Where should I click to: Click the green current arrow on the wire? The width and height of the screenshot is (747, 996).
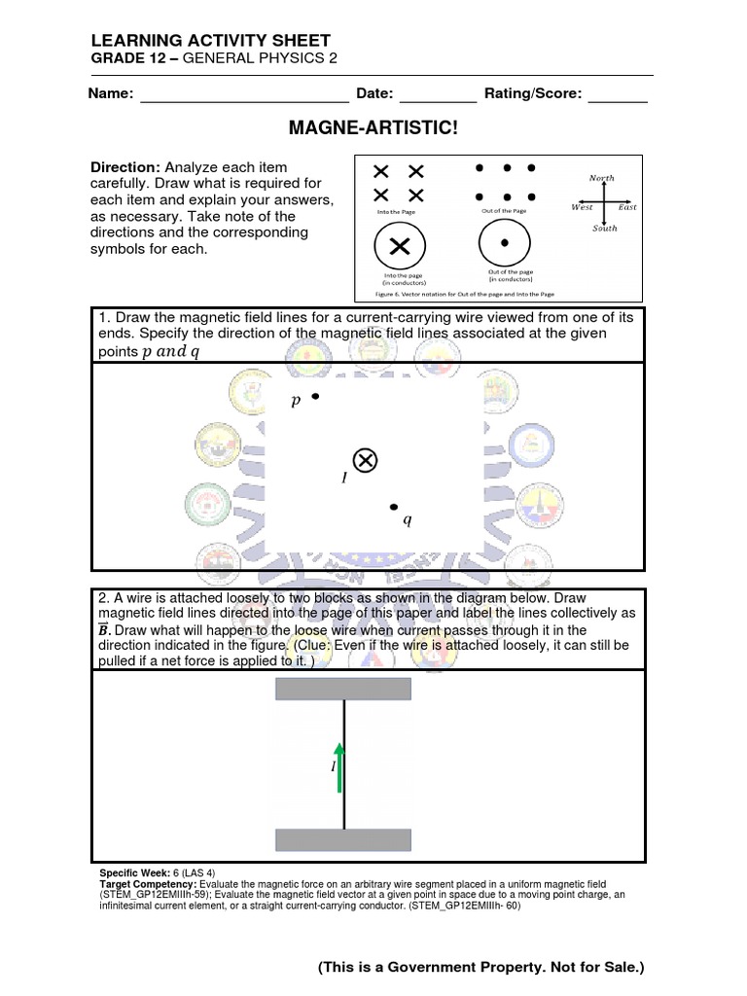point(339,764)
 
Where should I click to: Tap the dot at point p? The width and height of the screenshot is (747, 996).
point(315,397)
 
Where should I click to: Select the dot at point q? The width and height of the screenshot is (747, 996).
point(394,507)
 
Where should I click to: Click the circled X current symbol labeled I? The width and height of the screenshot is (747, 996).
point(366,460)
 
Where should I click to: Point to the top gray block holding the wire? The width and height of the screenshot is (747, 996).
point(343,689)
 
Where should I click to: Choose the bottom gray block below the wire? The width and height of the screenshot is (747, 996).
point(343,840)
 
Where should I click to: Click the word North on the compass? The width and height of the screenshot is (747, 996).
point(602,177)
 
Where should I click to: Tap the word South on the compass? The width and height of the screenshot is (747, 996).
point(604,229)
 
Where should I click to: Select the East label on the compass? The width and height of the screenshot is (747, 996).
point(627,207)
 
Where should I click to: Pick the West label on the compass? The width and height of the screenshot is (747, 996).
point(582,207)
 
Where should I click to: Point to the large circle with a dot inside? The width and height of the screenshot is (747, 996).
point(503,241)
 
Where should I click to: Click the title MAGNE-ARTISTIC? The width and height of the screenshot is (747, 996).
point(373,128)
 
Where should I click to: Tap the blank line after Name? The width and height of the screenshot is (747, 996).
point(244,99)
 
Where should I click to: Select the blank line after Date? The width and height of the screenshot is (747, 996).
point(438,99)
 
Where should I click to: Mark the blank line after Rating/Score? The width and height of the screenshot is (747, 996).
point(618,99)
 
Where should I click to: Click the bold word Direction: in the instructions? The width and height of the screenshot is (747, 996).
point(125,167)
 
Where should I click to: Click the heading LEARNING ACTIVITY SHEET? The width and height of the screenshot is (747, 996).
point(210,40)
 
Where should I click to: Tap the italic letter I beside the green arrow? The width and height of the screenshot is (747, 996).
point(333,767)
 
